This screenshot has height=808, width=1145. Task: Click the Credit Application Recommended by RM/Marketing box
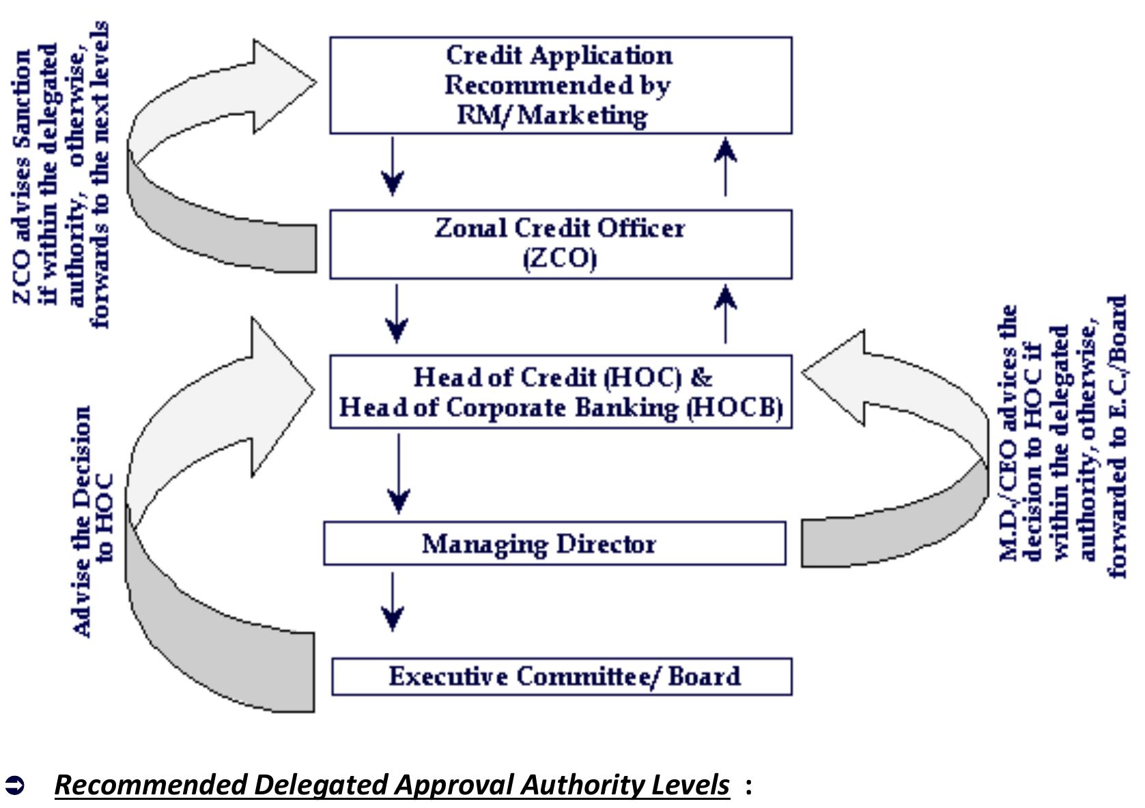560,85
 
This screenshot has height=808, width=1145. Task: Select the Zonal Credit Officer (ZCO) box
560,244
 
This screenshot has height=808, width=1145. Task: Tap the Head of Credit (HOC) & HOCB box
560,392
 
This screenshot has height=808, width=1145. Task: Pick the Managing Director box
554,543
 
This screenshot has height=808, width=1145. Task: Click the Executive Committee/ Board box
561,676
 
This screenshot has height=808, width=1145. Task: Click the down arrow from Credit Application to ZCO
393,167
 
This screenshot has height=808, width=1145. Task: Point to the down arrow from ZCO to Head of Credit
397,314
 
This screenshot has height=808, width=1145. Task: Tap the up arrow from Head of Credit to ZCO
725,314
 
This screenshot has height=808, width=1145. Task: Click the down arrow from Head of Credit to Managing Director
399,474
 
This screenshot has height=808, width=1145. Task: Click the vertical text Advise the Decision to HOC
94,522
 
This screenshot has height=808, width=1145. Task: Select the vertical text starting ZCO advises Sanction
61,174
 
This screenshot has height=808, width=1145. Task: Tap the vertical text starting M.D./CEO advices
1062,440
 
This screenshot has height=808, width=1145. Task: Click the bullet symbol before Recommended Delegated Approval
14,785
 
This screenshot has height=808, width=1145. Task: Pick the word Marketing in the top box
582,115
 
